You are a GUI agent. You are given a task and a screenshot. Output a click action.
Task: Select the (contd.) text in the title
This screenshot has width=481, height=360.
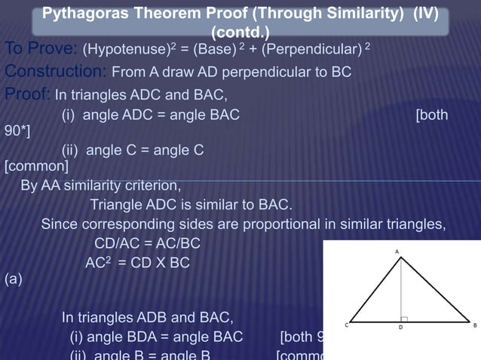(x=241, y=33)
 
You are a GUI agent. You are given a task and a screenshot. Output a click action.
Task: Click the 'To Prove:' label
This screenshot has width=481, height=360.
(x=39, y=50)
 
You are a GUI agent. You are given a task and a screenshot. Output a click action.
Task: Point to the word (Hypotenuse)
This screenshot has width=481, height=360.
(x=125, y=50)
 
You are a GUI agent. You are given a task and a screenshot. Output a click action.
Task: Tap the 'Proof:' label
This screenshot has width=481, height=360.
(x=27, y=94)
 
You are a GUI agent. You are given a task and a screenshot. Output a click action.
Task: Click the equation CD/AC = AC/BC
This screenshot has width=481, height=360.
(x=148, y=244)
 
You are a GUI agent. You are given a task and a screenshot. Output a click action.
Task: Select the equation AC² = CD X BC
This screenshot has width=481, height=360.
(x=137, y=264)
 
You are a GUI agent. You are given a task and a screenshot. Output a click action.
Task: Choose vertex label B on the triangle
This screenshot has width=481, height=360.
(x=474, y=325)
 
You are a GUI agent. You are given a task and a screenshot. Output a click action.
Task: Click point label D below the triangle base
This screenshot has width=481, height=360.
(x=400, y=328)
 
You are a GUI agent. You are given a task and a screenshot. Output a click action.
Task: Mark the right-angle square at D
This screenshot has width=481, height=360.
(x=404, y=318)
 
